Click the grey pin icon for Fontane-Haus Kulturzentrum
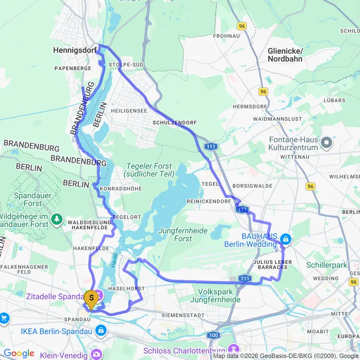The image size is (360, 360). point(326,143)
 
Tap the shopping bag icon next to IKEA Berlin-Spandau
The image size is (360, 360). point(101,331)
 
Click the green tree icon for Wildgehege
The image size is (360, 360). point(57,219)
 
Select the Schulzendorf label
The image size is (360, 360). point(175,123)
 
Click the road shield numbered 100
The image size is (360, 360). point(214,335)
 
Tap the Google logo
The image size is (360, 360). point(19,354)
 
